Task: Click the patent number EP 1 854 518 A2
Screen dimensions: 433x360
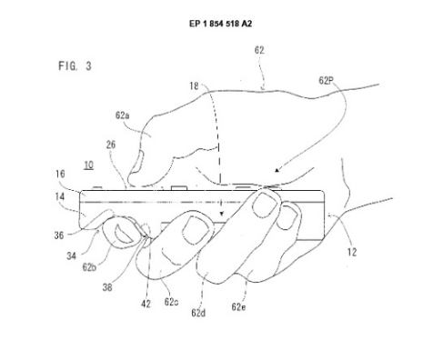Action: tap(220, 24)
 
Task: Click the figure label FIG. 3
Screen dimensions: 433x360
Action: tap(75, 65)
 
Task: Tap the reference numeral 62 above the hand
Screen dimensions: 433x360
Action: tap(259, 50)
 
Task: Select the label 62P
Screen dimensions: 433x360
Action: tap(326, 80)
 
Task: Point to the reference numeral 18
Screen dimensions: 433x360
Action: tap(194, 86)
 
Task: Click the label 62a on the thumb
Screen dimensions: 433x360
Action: tap(123, 115)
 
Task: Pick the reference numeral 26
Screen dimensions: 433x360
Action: tap(111, 145)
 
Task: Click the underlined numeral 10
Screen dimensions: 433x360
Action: tap(88, 165)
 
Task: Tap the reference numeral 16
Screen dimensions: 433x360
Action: tap(60, 174)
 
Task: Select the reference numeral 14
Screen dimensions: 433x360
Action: tap(60, 197)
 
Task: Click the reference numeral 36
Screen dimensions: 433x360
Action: tap(59, 235)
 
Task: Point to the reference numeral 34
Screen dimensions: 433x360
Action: tap(71, 256)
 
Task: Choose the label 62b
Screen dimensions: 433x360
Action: tap(89, 267)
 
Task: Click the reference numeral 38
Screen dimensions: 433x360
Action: tap(107, 287)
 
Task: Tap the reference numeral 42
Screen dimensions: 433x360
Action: tap(146, 304)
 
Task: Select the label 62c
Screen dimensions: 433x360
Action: tap(171, 302)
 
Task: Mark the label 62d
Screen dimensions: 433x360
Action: tap(198, 313)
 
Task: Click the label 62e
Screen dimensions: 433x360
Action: tap(238, 306)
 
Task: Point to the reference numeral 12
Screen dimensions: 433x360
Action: tap(352, 252)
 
